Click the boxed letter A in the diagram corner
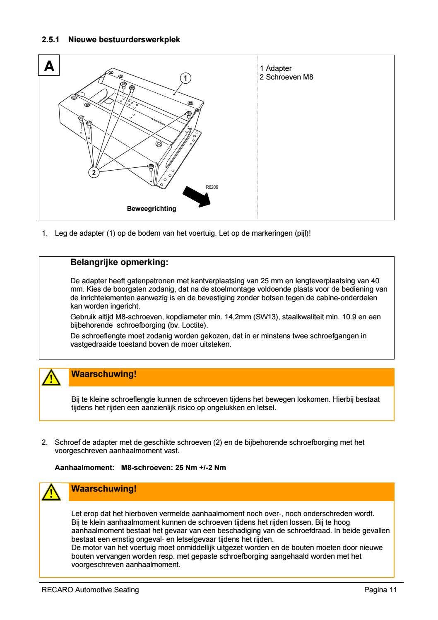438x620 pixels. tap(49, 66)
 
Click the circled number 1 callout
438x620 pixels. tap(186, 77)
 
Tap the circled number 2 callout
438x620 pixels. tap(94, 172)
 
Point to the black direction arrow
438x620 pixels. tap(197, 196)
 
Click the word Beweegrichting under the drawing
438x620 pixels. tap(151, 209)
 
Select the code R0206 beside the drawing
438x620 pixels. tap(212, 187)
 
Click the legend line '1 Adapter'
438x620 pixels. tap(276, 68)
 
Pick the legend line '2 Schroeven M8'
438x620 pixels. tap(286, 77)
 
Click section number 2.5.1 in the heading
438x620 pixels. tap(51, 40)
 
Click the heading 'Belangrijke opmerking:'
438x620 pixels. tap(120, 263)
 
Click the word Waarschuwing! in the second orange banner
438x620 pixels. tap(103, 489)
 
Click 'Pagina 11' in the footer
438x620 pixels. tap(380, 590)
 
